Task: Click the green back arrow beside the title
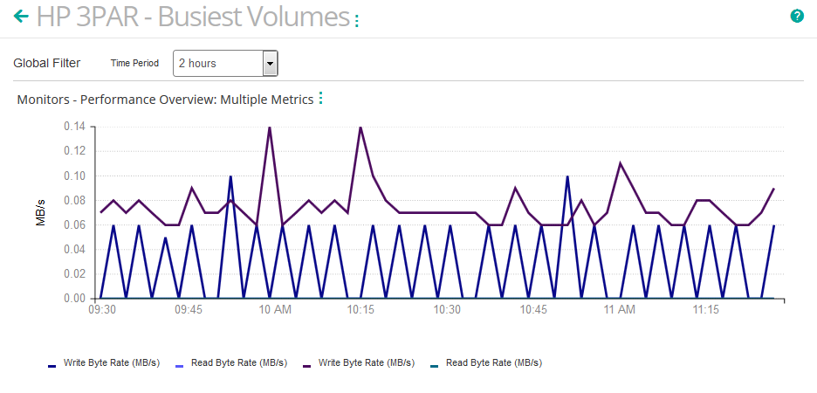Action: click(21, 16)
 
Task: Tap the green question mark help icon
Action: click(797, 16)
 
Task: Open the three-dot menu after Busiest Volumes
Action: click(356, 20)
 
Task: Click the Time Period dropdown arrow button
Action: click(270, 63)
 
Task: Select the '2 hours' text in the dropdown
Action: click(197, 63)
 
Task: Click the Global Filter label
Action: click(47, 63)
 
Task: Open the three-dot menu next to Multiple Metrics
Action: click(320, 99)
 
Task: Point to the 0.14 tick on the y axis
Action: click(74, 127)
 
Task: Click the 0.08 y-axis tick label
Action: click(74, 200)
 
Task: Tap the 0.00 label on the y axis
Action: click(74, 299)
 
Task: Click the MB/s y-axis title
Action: click(41, 212)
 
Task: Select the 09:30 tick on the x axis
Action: click(102, 310)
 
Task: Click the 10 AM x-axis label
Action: click(275, 310)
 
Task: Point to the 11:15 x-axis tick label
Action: click(705, 310)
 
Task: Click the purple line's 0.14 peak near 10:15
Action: click(360, 128)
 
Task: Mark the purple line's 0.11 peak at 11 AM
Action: click(620, 163)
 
